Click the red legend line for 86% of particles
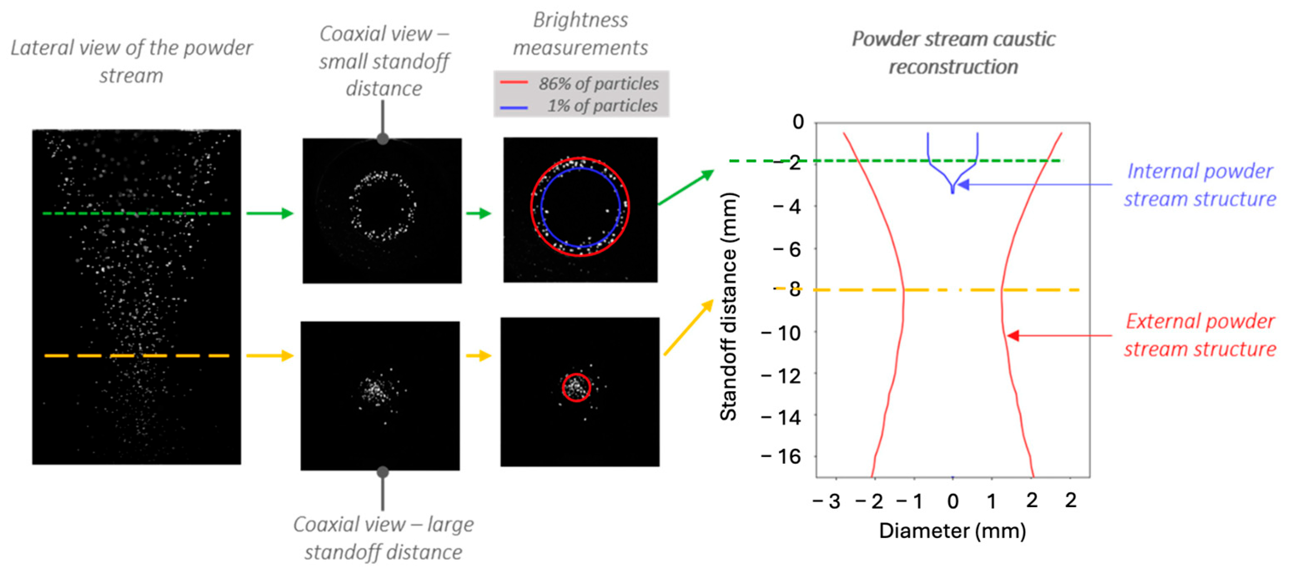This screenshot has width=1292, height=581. (x=514, y=82)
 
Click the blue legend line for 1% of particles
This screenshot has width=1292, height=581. (x=514, y=107)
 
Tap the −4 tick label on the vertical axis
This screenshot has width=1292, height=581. (x=788, y=206)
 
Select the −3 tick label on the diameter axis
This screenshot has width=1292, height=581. (x=827, y=501)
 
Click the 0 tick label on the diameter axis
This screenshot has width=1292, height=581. (x=953, y=501)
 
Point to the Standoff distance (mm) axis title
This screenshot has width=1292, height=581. (x=728, y=306)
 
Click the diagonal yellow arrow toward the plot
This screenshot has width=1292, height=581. (x=688, y=327)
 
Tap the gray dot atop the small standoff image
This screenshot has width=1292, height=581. (x=383, y=138)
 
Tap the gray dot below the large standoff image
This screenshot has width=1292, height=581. (x=383, y=472)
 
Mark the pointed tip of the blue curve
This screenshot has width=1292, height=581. (x=953, y=192)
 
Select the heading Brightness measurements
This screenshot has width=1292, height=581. (x=580, y=34)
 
